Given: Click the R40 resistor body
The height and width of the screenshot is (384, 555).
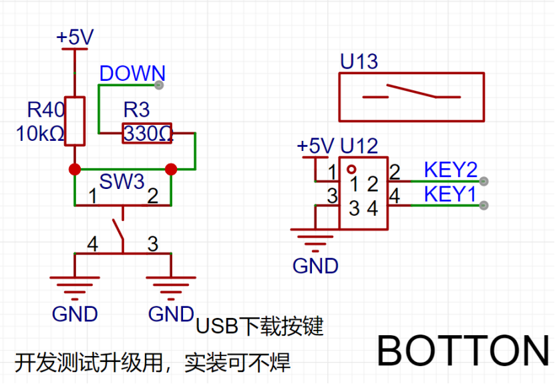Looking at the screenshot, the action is pos(75,121).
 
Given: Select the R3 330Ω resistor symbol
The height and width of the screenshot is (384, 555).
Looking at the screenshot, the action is pos(147,134).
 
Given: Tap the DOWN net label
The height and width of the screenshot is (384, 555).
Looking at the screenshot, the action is pos(132,73).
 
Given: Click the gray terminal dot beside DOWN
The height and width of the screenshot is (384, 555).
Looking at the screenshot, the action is pos(159,85).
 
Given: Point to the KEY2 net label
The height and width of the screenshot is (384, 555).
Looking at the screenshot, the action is pos(451,170).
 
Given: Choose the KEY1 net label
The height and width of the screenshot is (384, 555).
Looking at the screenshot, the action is pos(450,194).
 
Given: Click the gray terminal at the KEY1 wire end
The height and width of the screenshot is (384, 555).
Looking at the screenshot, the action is pos(484,205).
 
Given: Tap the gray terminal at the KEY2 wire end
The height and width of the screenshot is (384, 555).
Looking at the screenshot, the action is pos(484,181).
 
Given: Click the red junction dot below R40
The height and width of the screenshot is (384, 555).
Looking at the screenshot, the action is pos(75,169).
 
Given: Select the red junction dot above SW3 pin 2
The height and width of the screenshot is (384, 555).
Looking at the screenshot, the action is pos(171,169).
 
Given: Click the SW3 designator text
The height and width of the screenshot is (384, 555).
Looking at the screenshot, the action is pos(122,182).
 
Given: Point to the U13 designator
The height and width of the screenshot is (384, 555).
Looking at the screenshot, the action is pos(359,61).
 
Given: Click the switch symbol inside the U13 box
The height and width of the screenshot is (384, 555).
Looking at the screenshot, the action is pos(411,91).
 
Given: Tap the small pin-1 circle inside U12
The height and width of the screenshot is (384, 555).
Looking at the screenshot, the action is pos(351,169).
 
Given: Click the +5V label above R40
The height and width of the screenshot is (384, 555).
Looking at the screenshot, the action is pos(75,37).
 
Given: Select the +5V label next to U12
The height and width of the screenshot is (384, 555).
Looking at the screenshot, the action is pos(316,146).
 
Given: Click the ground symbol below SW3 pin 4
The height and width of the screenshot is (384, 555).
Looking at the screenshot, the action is pos(75,288).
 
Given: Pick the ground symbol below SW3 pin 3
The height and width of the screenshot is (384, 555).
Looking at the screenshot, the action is pos(171,288).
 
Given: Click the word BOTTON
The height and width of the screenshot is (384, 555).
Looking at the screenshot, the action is pos(463,351).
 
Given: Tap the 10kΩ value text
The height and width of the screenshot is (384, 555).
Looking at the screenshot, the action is pos(40,134).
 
